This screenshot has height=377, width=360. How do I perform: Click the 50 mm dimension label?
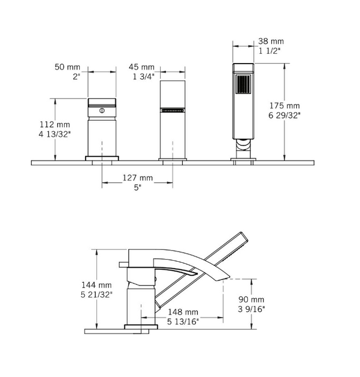[x=67, y=67]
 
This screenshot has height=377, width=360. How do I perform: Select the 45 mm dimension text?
[x=141, y=67]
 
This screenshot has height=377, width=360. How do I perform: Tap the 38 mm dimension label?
[x=271, y=41]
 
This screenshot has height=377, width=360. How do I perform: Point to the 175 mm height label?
[x=285, y=106]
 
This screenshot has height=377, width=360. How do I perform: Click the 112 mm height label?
[x=55, y=124]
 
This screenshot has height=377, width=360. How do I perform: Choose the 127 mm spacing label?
[x=137, y=178]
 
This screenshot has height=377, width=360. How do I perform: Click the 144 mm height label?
[x=96, y=285]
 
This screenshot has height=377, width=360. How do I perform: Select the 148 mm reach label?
[x=183, y=312]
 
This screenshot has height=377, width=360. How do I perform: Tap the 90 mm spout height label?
[x=252, y=299]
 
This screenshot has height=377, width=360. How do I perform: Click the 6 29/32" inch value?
[x=285, y=115]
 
